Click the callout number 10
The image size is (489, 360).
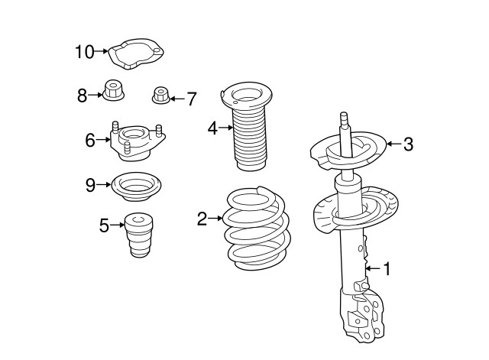tap(85, 52)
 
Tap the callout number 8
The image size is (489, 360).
tap(82, 96)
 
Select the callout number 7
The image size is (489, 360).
tap(191, 99)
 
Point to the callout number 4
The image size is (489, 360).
tap(212, 128)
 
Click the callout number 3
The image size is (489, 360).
tap(408, 144)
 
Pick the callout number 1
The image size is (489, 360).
tap(387, 269)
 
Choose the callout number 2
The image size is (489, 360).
tap(202, 219)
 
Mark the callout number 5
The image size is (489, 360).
tap(105, 225)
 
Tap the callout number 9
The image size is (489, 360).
tap(90, 185)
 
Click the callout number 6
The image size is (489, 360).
tap(90, 140)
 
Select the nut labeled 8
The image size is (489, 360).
tap(114, 90)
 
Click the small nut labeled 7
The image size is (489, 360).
tap(161, 95)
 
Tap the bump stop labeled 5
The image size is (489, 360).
tap(139, 235)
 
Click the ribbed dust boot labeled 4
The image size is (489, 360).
tap(248, 126)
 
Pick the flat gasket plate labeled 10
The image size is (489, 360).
tap(136, 54)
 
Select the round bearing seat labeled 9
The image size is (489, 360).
tap(136, 186)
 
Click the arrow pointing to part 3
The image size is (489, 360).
tap(394, 144)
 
